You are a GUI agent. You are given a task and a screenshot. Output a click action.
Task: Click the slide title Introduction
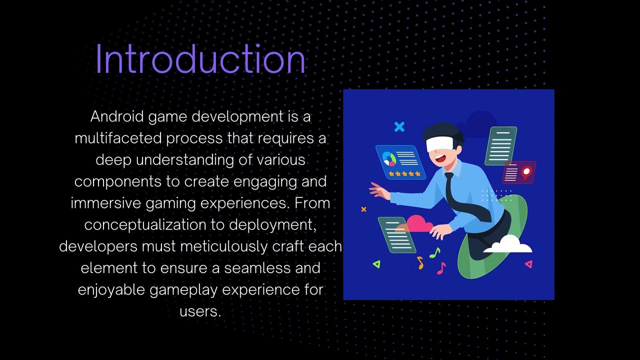200,59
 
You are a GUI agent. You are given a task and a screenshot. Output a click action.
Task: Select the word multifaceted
118,138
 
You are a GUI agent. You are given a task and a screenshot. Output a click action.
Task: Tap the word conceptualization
145,225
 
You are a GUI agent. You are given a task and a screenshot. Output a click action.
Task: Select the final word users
199,311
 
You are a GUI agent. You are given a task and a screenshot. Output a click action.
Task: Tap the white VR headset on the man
439,144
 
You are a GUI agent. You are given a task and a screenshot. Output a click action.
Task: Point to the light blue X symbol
399,127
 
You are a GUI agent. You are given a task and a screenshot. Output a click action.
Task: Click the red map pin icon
525,173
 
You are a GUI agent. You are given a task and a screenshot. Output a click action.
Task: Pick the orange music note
420,262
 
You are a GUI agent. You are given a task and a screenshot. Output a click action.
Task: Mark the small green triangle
376,264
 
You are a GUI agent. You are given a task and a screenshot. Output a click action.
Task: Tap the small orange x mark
363,209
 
